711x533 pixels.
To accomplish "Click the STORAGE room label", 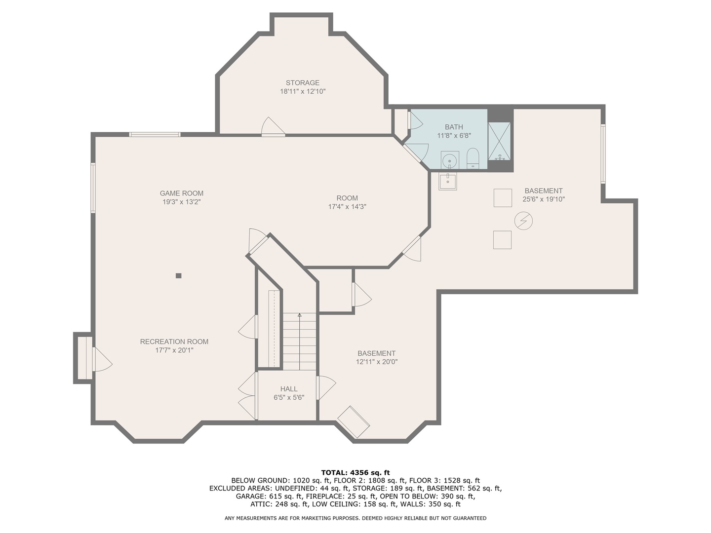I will point(302,83).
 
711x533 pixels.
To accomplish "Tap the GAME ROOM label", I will point(181,193).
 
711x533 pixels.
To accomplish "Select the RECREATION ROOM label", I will point(174,342).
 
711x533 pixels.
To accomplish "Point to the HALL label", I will point(289,389).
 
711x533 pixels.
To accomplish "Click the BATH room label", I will point(454,127).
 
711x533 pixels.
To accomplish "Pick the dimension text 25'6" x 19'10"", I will point(543,199).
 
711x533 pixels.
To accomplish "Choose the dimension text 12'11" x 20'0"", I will point(377,362).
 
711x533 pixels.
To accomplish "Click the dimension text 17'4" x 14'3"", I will point(347,207).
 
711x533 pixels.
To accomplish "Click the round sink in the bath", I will point(449,160).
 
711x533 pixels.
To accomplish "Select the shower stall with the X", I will point(499,141).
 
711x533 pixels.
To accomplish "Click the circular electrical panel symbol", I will point(523,221).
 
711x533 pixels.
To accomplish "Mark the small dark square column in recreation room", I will point(179,276).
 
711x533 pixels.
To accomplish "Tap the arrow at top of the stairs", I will point(299,314).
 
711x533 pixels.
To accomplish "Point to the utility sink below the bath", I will point(448,181).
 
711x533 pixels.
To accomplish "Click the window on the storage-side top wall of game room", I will point(155,134).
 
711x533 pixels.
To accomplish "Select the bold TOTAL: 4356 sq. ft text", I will point(355,472).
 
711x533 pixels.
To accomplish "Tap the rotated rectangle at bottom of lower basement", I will point(354,422).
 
